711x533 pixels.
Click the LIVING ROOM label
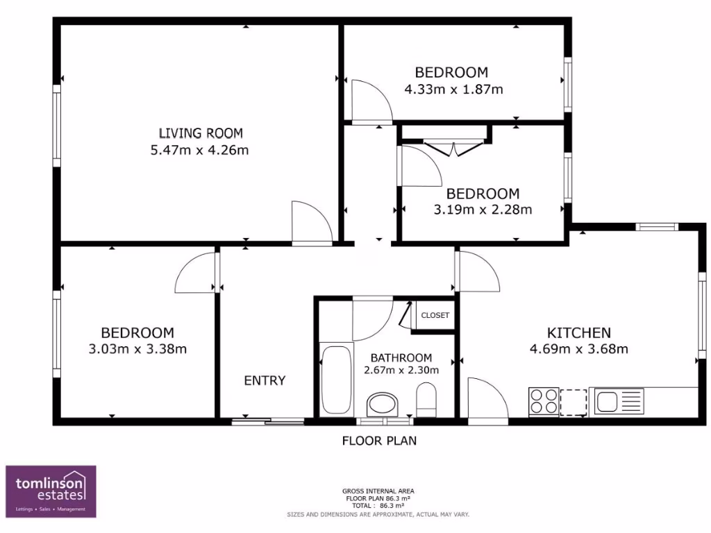[x=201, y=133]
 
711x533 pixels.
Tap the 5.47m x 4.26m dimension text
[x=199, y=150]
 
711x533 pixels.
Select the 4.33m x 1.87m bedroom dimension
[x=453, y=89]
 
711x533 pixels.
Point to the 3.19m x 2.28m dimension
[x=483, y=210]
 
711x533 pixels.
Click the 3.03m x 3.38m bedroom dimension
[x=137, y=349]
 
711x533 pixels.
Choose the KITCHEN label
[x=579, y=332]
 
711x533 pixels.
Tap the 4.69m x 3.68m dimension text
[x=578, y=349]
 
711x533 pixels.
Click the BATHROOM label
[x=401, y=357]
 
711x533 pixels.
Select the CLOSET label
[x=435, y=315]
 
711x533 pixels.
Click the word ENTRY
[x=265, y=380]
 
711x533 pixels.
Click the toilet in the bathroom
[x=426, y=402]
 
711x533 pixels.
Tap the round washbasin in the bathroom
[x=382, y=403]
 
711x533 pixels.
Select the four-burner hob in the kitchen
[x=543, y=401]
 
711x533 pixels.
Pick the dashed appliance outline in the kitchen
[x=574, y=401]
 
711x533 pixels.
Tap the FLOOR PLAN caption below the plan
[x=379, y=441]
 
